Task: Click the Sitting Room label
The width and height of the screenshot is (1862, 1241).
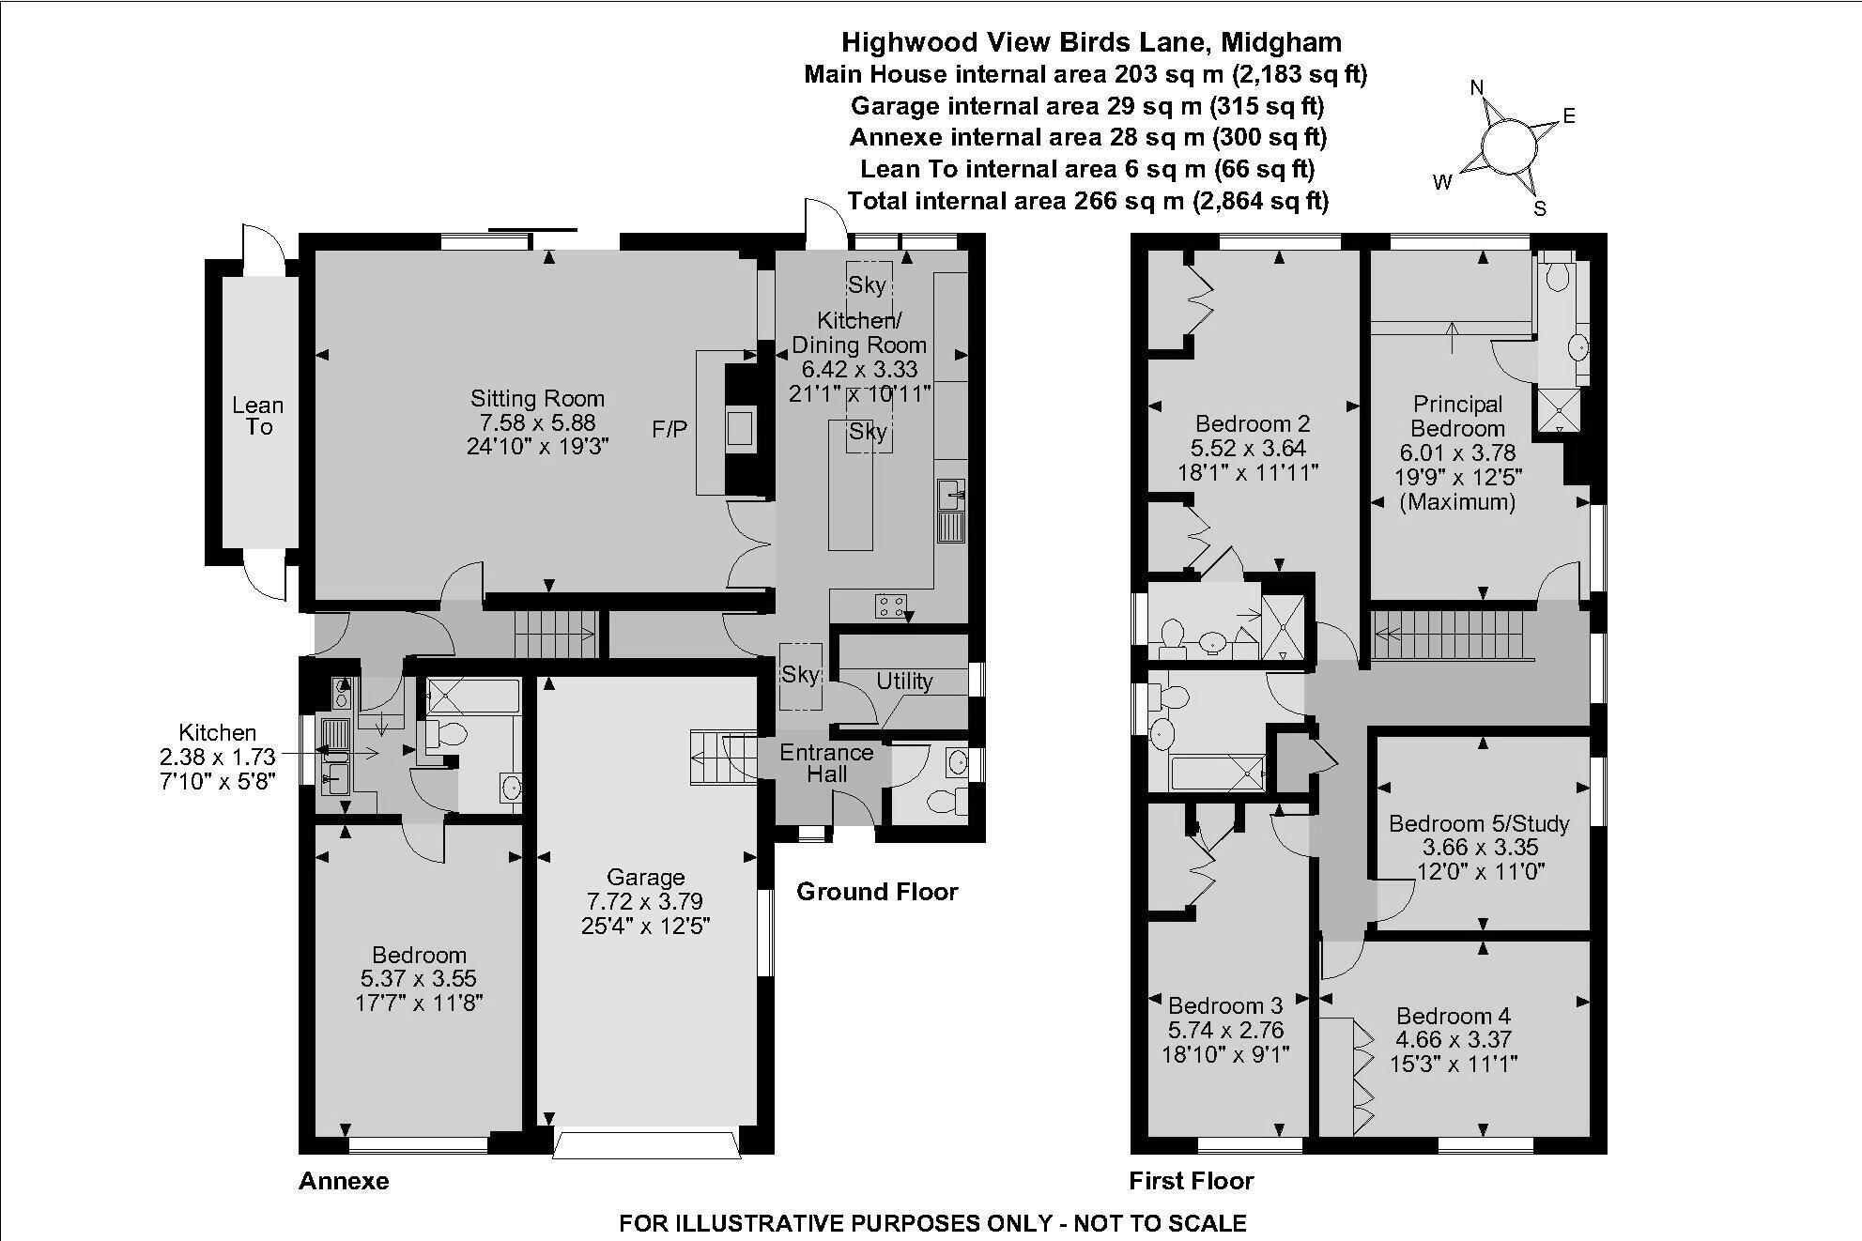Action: point(537,398)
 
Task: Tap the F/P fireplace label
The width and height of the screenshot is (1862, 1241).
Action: point(669,430)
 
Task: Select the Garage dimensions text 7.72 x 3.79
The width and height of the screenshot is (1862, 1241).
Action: point(645,901)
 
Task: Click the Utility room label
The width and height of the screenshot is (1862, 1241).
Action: point(904,682)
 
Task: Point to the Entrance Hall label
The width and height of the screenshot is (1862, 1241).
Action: point(826,763)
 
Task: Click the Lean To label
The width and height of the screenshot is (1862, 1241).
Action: point(258,416)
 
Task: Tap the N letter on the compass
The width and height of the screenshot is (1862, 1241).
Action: point(1477,88)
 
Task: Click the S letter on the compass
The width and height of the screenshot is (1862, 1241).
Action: point(1540,208)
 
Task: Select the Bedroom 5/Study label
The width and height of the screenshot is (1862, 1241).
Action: point(1479,824)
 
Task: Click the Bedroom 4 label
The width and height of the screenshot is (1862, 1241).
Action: point(1453,1016)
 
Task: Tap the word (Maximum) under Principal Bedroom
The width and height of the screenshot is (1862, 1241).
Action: point(1457,502)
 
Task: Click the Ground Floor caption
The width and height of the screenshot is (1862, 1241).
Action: point(877,892)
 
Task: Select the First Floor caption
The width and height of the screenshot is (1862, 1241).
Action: point(1192,1181)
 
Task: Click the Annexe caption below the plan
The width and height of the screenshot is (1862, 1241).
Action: point(344,1181)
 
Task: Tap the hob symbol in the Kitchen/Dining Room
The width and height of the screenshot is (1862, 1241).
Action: point(890,606)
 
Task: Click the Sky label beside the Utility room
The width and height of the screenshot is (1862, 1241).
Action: point(800,674)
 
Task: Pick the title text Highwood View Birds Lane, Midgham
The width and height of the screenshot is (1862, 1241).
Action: point(1091,42)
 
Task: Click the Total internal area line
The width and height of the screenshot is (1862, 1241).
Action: point(1087,201)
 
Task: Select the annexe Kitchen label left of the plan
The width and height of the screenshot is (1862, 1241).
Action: point(217,733)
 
